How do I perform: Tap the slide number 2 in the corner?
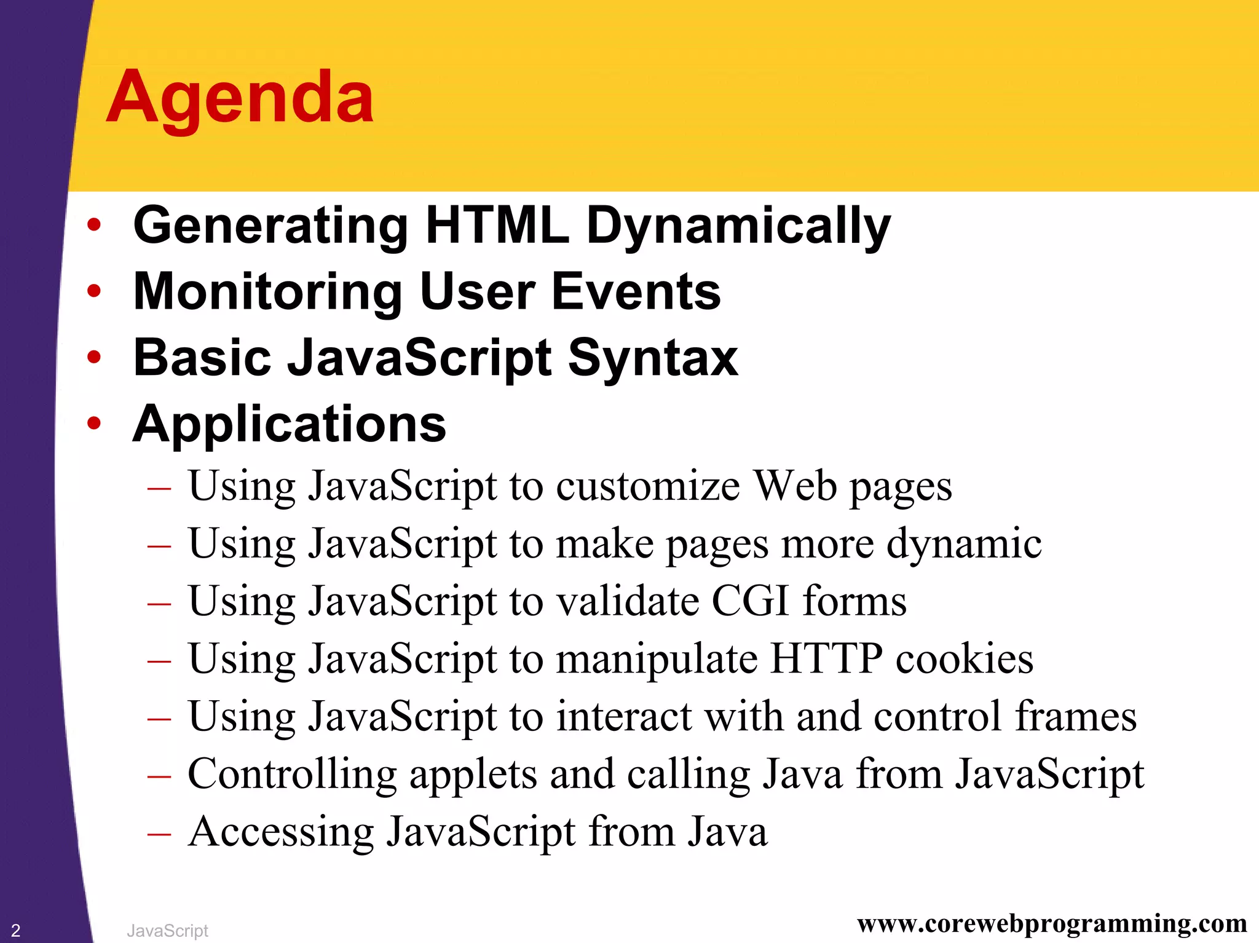16,930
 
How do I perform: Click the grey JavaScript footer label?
167,931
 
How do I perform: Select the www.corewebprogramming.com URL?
1052,923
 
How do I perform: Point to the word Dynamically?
738,226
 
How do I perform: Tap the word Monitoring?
267,292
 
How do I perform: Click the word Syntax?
652,358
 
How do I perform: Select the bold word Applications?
289,424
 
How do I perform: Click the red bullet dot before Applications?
93,424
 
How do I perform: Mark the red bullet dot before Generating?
93,225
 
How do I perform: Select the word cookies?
964,658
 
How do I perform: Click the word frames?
1075,717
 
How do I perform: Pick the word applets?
473,775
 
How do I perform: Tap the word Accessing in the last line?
280,832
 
